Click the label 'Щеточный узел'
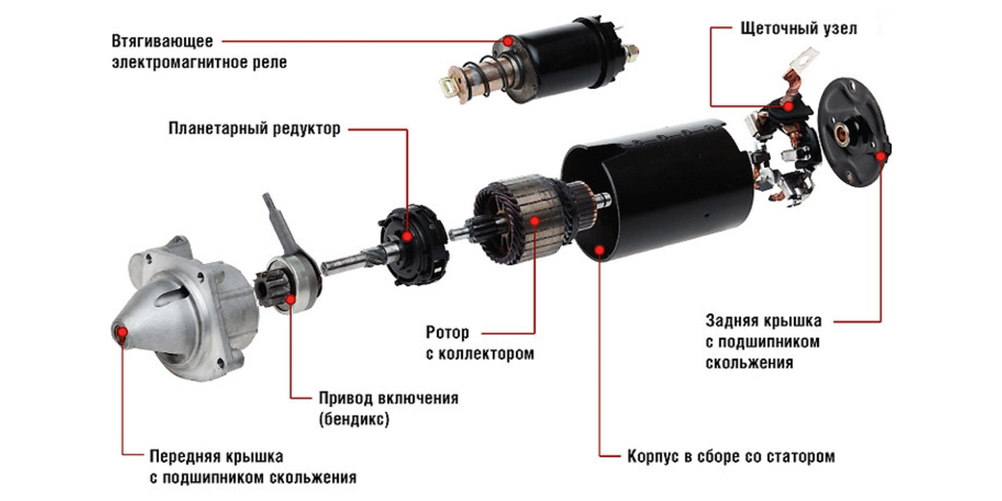(798, 29)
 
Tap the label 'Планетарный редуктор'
(254, 128)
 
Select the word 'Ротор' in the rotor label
(447, 333)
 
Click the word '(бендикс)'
(354, 419)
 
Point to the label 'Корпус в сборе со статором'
(731, 457)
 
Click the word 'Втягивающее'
(162, 41)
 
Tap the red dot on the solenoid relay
(508, 41)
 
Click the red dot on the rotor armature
(535, 221)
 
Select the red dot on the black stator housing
(599, 250)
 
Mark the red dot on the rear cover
(881, 157)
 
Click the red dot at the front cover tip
(122, 333)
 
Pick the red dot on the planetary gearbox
(407, 236)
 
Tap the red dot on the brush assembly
(788, 106)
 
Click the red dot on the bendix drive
(291, 299)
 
